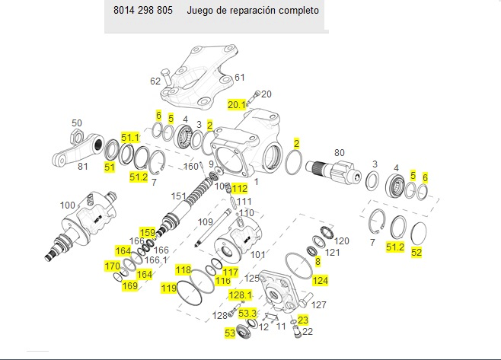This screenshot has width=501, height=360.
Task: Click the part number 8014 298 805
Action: pyautogui.click(x=143, y=11)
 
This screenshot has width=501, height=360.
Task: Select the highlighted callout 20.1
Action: pyautogui.click(x=237, y=104)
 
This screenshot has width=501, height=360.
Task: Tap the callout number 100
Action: pyautogui.click(x=68, y=205)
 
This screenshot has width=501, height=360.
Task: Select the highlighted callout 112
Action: pyautogui.click(x=240, y=188)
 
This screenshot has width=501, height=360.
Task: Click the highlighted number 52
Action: pyautogui.click(x=416, y=252)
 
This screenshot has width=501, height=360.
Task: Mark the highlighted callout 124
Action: pyautogui.click(x=321, y=281)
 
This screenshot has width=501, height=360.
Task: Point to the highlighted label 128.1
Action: pyautogui.click(x=240, y=295)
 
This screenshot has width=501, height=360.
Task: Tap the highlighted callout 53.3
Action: pyautogui.click(x=247, y=313)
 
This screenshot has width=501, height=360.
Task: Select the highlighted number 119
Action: pyautogui.click(x=168, y=288)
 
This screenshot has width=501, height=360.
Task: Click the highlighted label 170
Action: pyautogui.click(x=113, y=266)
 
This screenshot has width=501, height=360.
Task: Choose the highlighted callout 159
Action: pyautogui.click(x=146, y=232)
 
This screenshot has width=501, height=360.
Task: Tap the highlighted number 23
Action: pyautogui.click(x=303, y=320)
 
